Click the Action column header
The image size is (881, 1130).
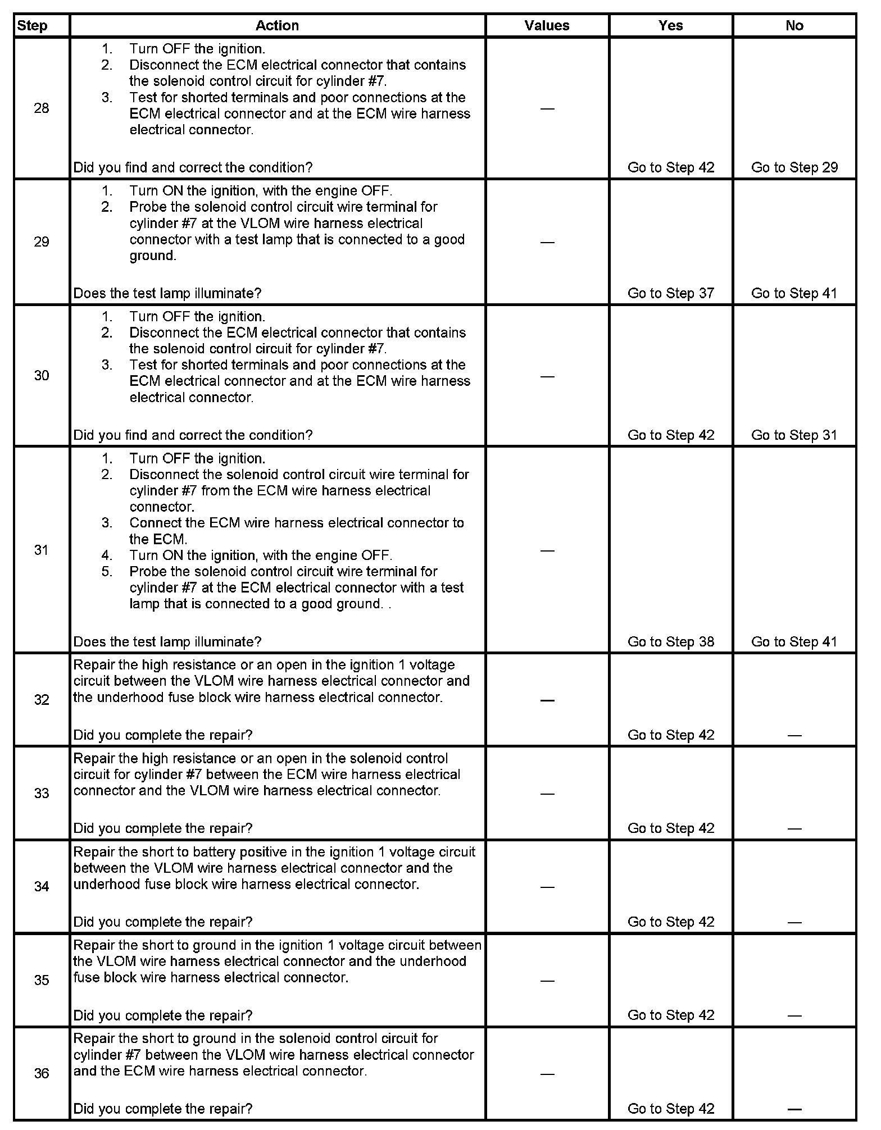tap(277, 26)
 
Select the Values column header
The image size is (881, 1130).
tap(547, 26)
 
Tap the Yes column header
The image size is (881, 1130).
tap(671, 26)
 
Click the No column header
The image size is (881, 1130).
tap(794, 26)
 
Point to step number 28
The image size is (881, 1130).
tap(42, 108)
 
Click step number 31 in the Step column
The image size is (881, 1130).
tap(42, 550)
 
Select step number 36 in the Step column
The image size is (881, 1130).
tap(42, 1073)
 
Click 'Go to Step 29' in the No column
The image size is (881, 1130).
tap(794, 167)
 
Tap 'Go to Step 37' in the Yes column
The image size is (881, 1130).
tap(671, 293)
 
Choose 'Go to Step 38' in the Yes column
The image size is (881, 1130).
tap(671, 642)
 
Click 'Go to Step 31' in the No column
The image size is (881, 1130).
tap(794, 435)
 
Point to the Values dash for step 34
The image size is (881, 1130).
tap(547, 887)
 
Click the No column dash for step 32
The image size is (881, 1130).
tap(794, 735)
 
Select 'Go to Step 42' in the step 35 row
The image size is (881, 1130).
tap(671, 1015)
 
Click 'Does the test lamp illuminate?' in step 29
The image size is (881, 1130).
tap(167, 293)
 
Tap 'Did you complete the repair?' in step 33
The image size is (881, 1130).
tap(163, 828)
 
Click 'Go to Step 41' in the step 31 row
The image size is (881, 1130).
tap(794, 642)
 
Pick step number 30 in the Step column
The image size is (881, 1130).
tap(42, 376)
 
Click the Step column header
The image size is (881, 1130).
tap(33, 26)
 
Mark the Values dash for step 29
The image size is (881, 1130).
tap(547, 242)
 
